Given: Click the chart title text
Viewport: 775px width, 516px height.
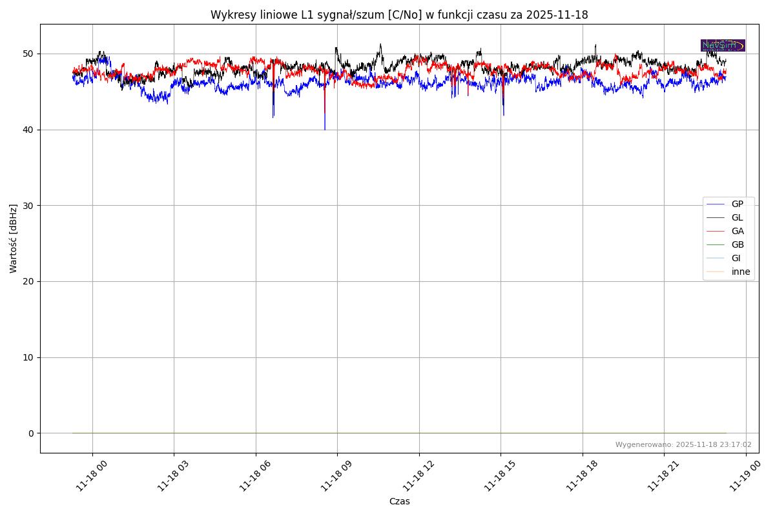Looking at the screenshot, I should coord(399,15).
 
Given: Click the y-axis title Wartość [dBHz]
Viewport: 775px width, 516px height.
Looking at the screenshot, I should coord(14,239).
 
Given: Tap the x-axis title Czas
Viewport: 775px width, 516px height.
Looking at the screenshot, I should coord(399,501).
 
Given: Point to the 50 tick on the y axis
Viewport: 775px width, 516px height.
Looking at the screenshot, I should coord(30,54).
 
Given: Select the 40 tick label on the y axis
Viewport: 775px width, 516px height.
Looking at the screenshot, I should coord(30,130).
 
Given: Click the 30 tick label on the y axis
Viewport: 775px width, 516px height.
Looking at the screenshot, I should coord(30,205).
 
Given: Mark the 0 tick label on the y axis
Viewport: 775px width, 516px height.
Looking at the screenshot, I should coord(31,433).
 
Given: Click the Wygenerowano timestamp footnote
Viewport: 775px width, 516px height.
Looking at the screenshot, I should coord(683,444).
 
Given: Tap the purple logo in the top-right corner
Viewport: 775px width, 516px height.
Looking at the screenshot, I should coord(723,45).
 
